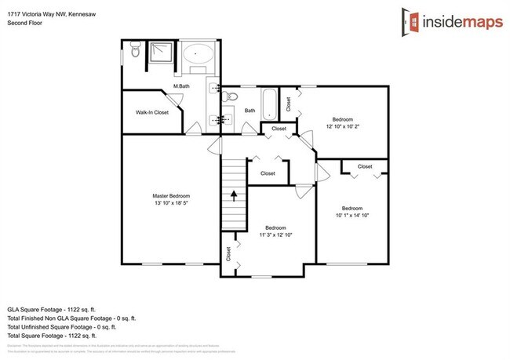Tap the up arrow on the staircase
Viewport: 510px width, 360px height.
[233, 194]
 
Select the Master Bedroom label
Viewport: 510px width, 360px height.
[171, 195]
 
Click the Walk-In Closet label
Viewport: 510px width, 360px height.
[152, 112]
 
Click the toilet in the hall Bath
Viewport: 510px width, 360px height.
[228, 97]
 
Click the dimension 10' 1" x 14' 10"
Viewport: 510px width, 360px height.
[352, 215]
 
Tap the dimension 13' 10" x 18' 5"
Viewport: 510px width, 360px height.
[171, 203]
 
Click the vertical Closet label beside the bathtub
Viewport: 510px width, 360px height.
[289, 103]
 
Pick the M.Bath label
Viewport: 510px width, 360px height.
[182, 85]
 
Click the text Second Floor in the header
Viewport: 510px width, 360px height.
[24, 24]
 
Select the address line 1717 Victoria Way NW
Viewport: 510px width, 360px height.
[53, 13]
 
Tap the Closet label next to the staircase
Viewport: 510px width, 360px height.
[268, 173]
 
